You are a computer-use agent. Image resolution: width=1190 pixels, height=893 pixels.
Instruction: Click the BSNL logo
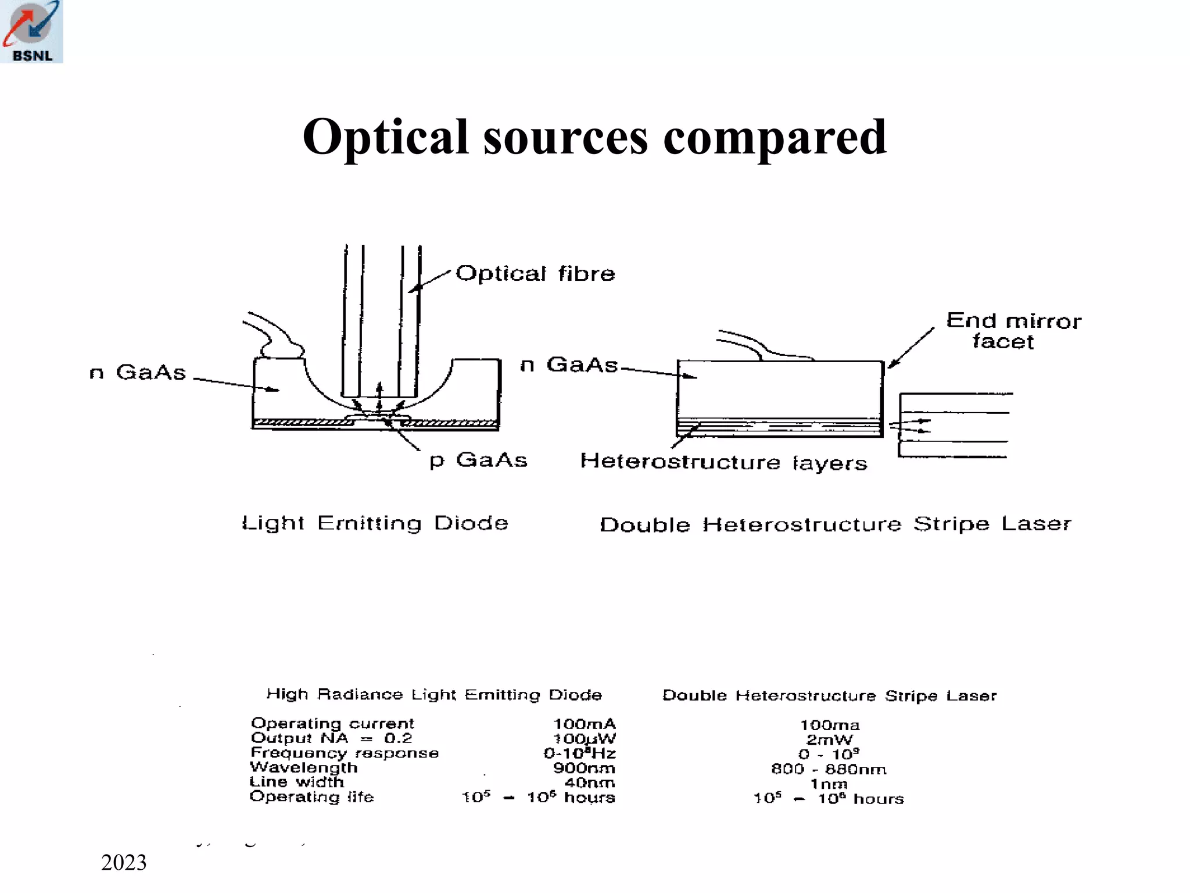(31, 31)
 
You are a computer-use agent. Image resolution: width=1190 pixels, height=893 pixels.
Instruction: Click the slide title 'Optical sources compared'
(594, 137)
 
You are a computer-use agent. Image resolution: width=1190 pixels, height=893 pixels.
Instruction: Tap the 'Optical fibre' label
(535, 273)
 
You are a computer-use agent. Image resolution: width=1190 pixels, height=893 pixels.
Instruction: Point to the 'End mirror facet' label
(1013, 331)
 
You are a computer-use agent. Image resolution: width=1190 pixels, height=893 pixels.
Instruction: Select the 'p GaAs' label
(478, 460)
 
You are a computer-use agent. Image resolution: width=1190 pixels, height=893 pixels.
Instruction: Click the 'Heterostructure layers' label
(723, 462)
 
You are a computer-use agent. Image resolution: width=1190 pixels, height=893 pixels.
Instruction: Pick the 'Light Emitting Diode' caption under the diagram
(375, 523)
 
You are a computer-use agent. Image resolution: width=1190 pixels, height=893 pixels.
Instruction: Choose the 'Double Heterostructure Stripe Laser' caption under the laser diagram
(835, 524)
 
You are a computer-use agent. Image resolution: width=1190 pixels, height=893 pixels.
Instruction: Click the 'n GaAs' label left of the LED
(138, 372)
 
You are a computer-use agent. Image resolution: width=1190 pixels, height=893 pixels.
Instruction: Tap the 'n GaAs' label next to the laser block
(569, 365)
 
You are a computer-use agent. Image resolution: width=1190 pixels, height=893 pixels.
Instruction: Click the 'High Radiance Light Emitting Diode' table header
(434, 695)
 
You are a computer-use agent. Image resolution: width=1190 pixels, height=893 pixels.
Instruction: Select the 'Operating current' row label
(332, 724)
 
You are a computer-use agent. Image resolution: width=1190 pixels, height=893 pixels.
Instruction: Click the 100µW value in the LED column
(584, 739)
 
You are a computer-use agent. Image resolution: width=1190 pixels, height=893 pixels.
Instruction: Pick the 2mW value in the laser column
(829, 740)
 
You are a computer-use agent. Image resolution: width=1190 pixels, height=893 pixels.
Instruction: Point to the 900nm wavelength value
(584, 769)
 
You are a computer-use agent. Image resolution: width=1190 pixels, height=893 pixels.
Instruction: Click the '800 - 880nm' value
(829, 770)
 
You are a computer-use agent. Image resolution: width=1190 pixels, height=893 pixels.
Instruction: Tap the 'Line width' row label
(297, 783)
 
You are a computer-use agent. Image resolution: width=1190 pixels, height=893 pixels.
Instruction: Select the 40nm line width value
(590, 783)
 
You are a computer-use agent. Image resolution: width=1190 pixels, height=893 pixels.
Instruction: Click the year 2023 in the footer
(124, 863)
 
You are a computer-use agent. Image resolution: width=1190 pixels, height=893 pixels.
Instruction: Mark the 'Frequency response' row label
(345, 753)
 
